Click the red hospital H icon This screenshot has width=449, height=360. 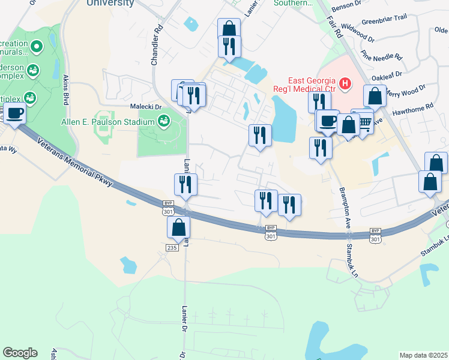tap(345, 83)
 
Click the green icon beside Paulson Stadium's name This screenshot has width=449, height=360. tap(163, 122)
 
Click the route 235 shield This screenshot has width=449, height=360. tap(172, 247)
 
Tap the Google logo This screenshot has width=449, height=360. tap(20, 353)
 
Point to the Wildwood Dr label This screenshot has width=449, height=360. tap(358, 34)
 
